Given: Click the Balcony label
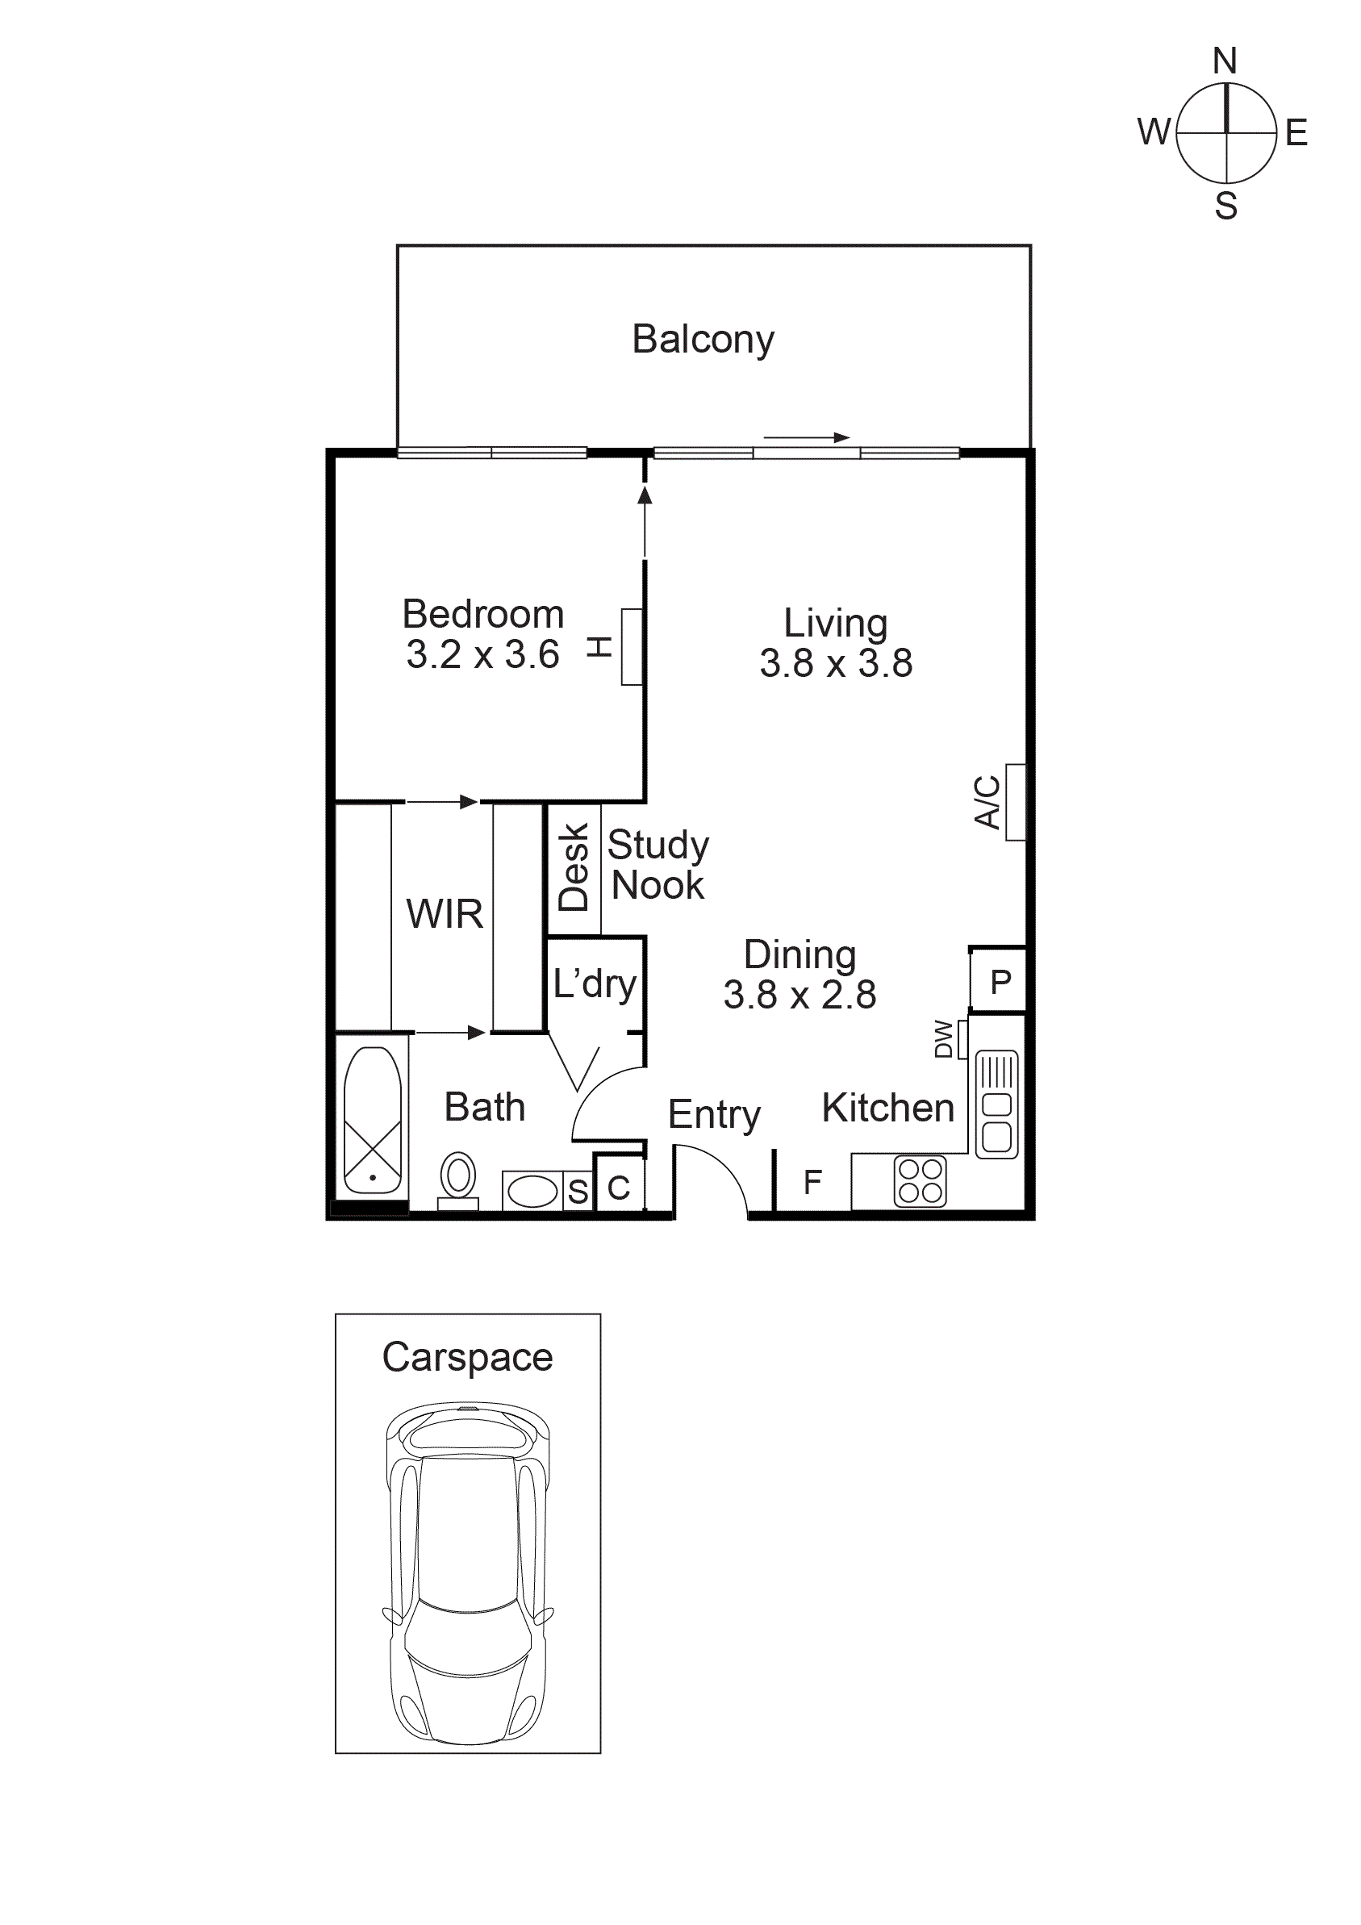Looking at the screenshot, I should (703, 340).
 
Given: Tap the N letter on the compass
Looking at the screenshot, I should (1225, 61).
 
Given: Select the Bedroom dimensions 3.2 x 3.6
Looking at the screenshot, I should (482, 655).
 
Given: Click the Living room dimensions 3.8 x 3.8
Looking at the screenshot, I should (835, 663).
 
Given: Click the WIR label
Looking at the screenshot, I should (445, 914).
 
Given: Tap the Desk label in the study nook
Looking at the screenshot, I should (574, 867).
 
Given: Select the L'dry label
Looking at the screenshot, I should (595, 983).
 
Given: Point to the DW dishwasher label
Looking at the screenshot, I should (943, 1039).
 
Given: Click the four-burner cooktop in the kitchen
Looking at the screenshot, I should (920, 1181).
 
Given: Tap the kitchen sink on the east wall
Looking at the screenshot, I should (996, 1104).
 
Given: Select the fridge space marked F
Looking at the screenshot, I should (812, 1182).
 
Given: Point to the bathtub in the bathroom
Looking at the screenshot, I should (373, 1119).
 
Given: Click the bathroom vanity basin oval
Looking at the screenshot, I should (532, 1191).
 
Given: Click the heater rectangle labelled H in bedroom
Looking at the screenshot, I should (632, 646).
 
